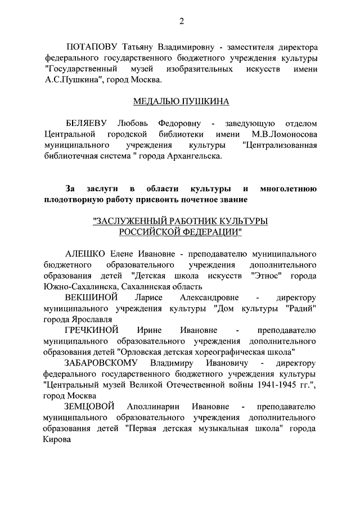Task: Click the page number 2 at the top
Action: click(x=181, y=22)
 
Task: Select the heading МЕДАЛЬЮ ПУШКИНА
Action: click(x=181, y=102)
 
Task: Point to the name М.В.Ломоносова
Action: click(x=284, y=134)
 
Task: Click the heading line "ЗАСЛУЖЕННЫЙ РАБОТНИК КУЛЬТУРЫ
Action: click(x=181, y=221)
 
